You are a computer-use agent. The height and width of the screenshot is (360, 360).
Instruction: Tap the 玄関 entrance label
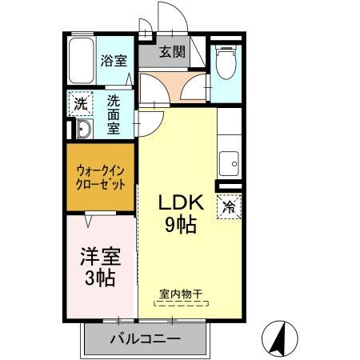(x=170, y=53)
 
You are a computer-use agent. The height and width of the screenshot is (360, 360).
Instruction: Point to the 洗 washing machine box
(x=80, y=103)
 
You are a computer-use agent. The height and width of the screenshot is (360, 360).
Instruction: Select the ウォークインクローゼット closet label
(x=100, y=176)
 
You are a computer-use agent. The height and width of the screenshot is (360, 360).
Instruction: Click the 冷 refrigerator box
(x=230, y=206)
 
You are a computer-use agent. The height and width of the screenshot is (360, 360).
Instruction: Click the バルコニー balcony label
(x=145, y=339)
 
